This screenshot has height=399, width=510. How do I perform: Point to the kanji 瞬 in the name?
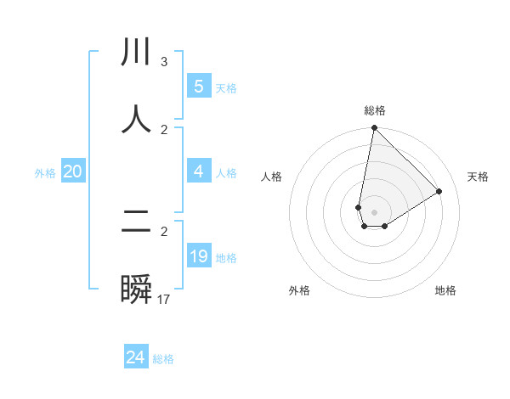(x=136, y=289)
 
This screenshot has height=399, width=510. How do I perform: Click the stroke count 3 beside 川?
(x=163, y=62)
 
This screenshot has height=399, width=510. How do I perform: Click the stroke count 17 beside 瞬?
(x=164, y=300)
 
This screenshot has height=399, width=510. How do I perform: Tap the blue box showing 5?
(x=199, y=87)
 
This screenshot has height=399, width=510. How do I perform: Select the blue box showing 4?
(x=199, y=171)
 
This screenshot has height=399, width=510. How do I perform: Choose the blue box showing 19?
(x=199, y=256)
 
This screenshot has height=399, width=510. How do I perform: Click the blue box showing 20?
(x=73, y=171)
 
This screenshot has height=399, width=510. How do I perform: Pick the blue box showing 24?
(x=136, y=357)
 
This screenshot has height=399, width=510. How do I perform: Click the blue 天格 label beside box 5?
(x=226, y=88)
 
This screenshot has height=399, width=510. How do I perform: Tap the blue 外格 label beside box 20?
(x=45, y=173)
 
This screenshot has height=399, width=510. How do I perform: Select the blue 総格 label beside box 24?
(x=163, y=359)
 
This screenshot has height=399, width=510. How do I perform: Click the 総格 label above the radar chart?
(x=374, y=110)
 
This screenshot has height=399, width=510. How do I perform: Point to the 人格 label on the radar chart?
(x=272, y=177)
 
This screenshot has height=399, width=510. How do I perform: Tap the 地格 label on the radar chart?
(x=445, y=290)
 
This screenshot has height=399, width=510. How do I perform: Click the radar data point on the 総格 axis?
(x=374, y=128)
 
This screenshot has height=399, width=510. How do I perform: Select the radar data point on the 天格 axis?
(x=439, y=191)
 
